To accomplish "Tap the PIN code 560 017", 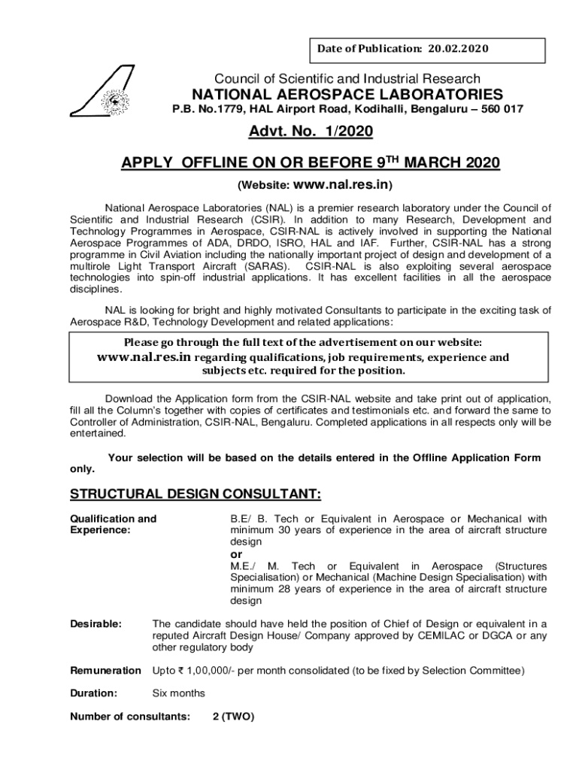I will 500,110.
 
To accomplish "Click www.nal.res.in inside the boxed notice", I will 144,357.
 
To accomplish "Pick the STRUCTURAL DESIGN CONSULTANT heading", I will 196,493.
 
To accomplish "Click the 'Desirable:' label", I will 95,623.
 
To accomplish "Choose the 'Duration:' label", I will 93,693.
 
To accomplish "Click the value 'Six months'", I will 177,693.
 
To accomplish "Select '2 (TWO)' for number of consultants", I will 233,717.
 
